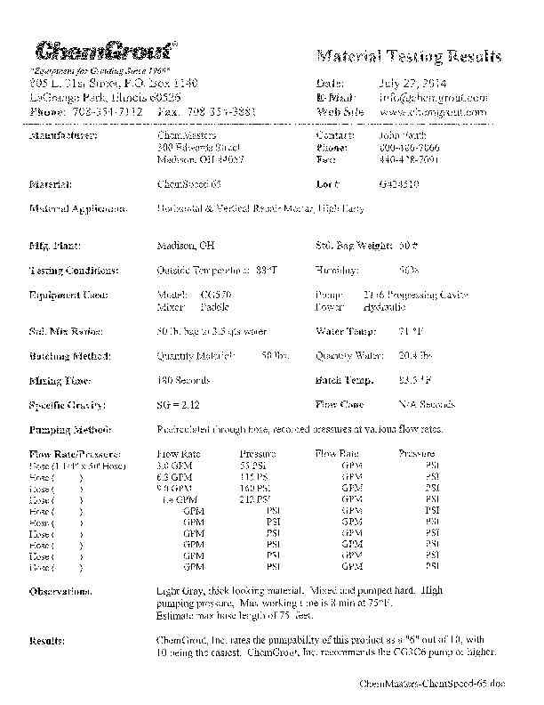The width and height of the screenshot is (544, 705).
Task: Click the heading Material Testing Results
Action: pos(409,57)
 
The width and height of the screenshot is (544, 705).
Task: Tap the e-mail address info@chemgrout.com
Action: pos(434,97)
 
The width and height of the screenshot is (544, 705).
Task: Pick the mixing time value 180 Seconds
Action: pos(184,380)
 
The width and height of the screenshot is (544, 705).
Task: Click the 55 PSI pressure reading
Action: pos(253,465)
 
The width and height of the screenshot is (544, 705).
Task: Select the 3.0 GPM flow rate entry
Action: pos(174,465)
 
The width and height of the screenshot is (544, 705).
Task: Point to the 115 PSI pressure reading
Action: pos(254,476)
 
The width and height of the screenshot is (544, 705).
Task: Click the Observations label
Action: pos(60,591)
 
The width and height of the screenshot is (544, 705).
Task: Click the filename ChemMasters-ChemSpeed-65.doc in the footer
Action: pos(431,683)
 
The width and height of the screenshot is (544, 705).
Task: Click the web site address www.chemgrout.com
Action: pos(433,112)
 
